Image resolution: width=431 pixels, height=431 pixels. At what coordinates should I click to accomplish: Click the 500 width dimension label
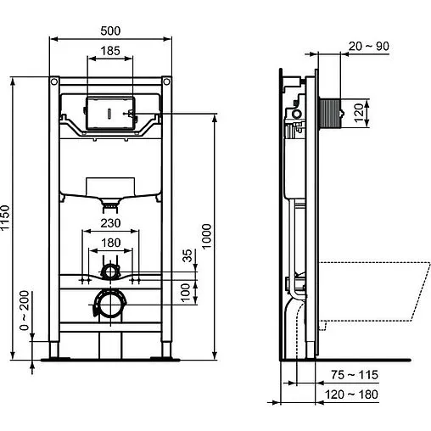click(x=109, y=31)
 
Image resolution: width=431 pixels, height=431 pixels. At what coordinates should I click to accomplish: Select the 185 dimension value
click(x=109, y=51)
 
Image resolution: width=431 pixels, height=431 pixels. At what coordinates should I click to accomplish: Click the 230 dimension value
click(x=109, y=225)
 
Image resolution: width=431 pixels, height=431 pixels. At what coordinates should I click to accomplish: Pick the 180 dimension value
click(x=109, y=243)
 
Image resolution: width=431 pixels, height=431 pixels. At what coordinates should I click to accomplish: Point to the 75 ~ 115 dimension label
click(x=355, y=375)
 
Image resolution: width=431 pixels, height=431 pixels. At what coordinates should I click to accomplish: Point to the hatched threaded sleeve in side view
click(x=330, y=111)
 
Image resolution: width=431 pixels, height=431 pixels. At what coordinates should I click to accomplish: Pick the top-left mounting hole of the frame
click(x=54, y=83)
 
